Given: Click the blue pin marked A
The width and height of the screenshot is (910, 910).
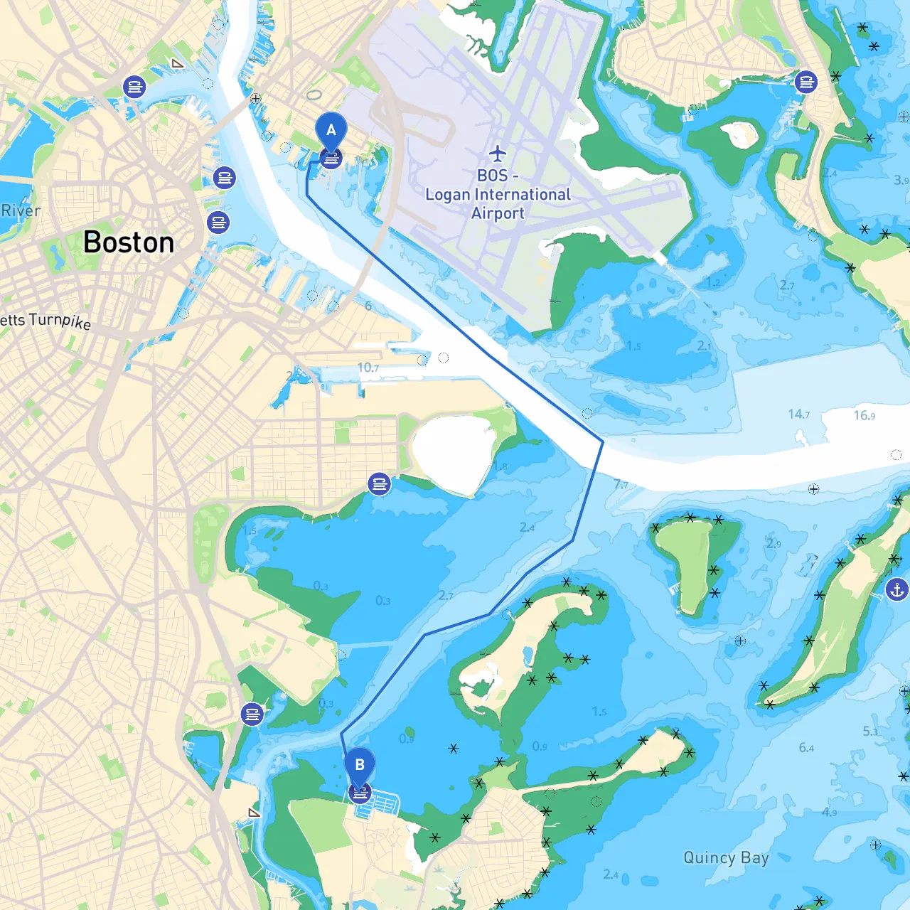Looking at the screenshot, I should click(331, 132).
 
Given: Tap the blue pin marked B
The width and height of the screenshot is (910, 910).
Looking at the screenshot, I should click(360, 766).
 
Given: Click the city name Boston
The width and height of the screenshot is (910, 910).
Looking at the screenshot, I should click(129, 242).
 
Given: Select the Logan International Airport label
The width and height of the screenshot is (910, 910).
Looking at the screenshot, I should click(498, 195).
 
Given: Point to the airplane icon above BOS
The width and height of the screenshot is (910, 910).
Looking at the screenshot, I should click(498, 153).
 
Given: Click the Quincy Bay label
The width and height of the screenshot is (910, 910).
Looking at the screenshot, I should click(726, 857).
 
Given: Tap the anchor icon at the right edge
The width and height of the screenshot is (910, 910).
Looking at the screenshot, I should click(897, 589).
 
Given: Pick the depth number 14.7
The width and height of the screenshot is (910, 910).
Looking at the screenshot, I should click(798, 414).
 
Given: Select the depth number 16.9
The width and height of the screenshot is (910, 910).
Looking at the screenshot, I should click(864, 415).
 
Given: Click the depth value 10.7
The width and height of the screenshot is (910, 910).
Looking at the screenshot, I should click(368, 368).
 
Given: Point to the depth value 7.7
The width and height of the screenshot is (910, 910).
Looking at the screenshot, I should click(621, 485).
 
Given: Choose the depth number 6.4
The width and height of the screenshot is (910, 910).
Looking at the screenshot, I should click(806, 748).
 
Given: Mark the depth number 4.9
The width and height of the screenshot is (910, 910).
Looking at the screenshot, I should click(829, 812).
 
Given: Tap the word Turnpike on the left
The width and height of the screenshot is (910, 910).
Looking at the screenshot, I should click(60, 321).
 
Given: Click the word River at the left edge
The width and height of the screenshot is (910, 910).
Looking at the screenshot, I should click(21, 211).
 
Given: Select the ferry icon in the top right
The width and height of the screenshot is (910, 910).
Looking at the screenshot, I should click(806, 82).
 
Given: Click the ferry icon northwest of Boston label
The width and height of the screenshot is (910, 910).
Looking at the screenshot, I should click(134, 87).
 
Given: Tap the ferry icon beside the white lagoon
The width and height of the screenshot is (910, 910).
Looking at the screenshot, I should click(380, 484).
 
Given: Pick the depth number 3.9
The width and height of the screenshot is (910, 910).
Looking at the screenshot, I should click(901, 181).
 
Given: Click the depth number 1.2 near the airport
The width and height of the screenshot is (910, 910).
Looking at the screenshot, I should click(713, 283).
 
